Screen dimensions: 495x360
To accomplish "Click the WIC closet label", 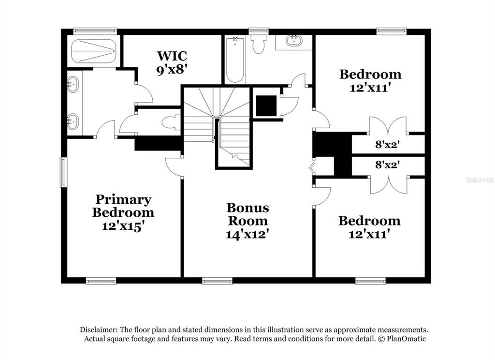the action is click(172, 56).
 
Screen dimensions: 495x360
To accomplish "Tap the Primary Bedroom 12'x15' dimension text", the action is click(123, 226).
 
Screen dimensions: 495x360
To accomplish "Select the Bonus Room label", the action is click(248, 214).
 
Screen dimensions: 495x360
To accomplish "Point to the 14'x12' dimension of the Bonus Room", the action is click(247, 234).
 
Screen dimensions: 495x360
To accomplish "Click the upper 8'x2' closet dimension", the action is click(388, 145).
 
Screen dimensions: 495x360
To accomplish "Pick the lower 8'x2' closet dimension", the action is click(388, 165).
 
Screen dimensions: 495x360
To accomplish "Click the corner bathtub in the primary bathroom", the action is click(94, 51).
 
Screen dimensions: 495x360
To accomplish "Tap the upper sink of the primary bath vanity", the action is click(73, 84).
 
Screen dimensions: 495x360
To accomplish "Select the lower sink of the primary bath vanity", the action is click(73, 121).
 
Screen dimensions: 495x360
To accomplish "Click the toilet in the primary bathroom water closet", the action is click(171, 122).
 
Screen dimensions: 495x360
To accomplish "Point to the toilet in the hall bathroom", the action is click(259, 44).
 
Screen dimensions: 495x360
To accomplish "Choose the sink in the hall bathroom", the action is click(294, 41).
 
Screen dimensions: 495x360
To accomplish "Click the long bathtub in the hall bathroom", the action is click(235, 60).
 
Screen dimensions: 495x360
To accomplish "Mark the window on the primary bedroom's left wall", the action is click(64, 172).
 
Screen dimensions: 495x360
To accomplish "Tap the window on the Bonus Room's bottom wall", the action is click(217, 281).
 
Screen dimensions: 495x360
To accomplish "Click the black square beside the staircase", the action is click(266, 106).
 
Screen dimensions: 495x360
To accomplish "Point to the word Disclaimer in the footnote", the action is click(99, 330).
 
